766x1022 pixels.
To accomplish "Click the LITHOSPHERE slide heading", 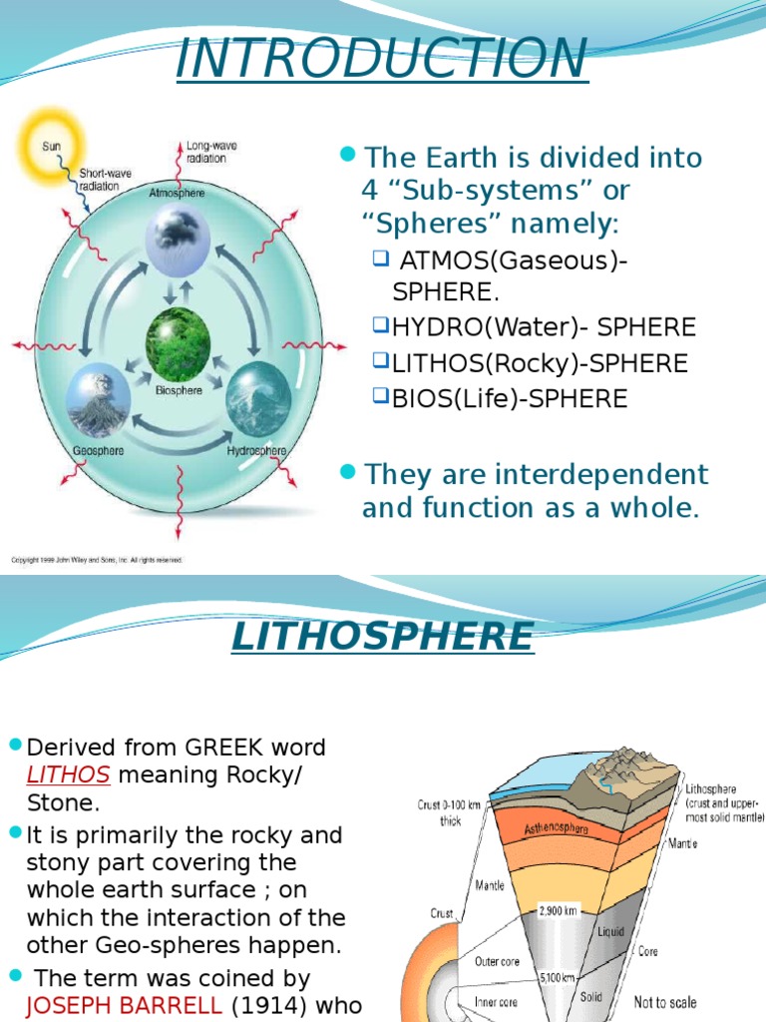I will tap(382, 636).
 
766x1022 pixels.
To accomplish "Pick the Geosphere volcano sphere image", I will tap(99, 404).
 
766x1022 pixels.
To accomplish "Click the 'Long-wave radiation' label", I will tap(205, 152).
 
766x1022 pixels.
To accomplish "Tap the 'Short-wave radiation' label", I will tap(99, 180).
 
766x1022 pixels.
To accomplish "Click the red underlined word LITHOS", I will tap(68, 775).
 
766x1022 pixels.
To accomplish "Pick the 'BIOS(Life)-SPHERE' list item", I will tap(509, 399).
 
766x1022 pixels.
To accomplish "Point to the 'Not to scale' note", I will tap(665, 1001).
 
